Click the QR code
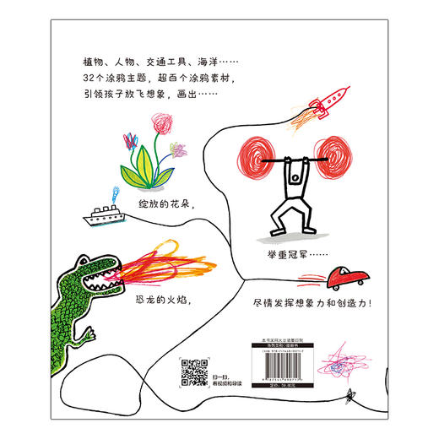[195, 371]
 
